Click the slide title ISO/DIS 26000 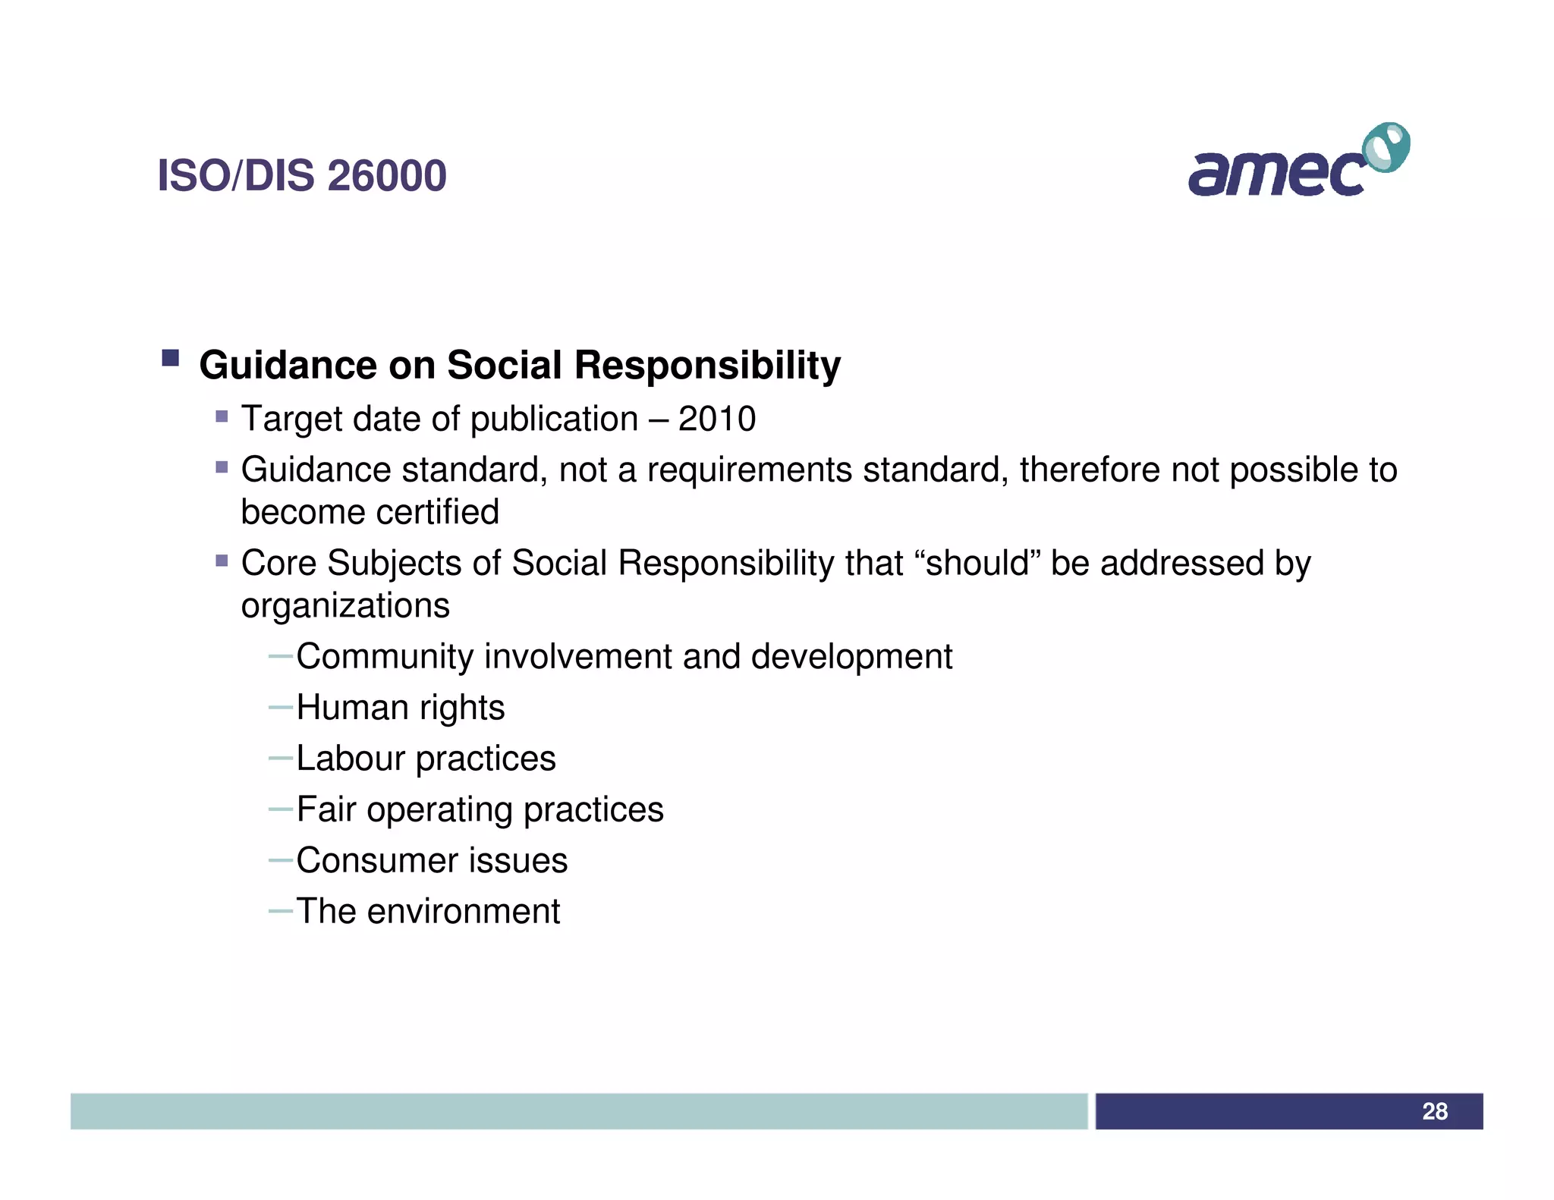coord(301,176)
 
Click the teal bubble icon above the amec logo coord(1386,146)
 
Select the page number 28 coord(1434,1111)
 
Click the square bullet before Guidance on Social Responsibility coord(170,358)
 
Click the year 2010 coord(716,419)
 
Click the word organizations coord(345,605)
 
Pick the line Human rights coord(400,707)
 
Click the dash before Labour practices coord(281,758)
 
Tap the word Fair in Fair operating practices coord(326,809)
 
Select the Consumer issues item coord(431,860)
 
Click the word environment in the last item coord(463,911)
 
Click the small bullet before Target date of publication coord(222,416)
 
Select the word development coord(851,657)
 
